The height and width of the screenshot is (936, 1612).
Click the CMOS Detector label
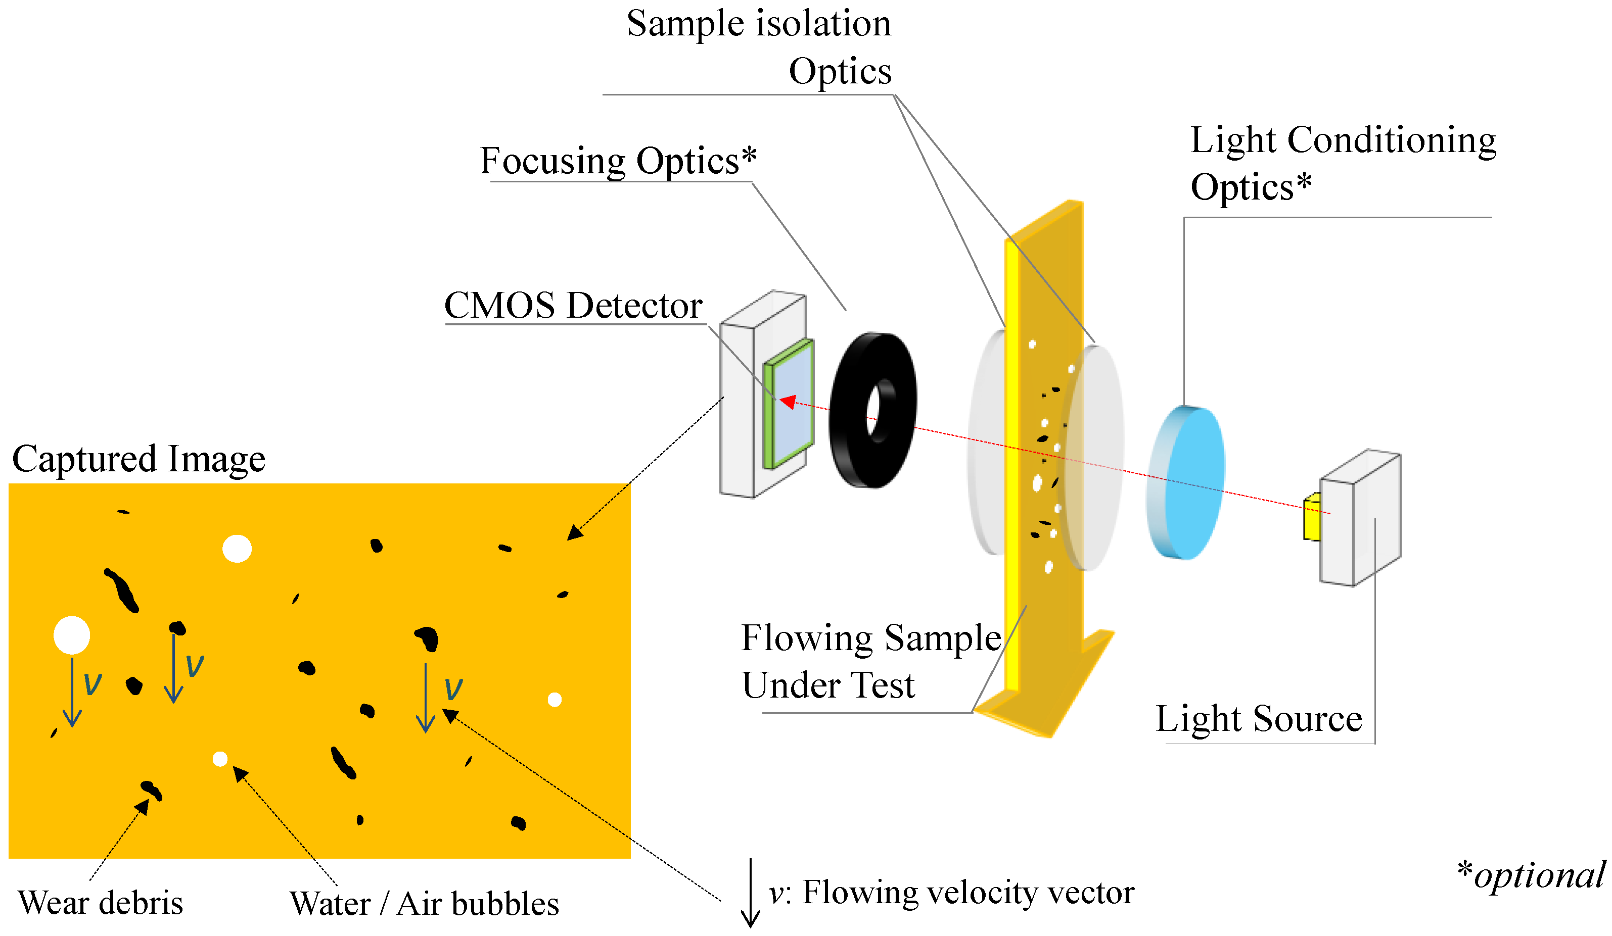573,306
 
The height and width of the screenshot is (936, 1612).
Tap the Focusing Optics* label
618,161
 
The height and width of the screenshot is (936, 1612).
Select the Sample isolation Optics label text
759,46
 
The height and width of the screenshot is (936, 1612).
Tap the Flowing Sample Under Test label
870,660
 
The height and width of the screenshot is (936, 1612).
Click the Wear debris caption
101,902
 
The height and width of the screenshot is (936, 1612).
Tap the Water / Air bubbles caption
424,903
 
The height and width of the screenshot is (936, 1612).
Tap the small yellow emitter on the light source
1312,517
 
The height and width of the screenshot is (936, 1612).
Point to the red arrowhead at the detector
788,402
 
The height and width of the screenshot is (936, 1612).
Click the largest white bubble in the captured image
72,635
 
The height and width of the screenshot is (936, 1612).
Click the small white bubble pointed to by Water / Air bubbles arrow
220,759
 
